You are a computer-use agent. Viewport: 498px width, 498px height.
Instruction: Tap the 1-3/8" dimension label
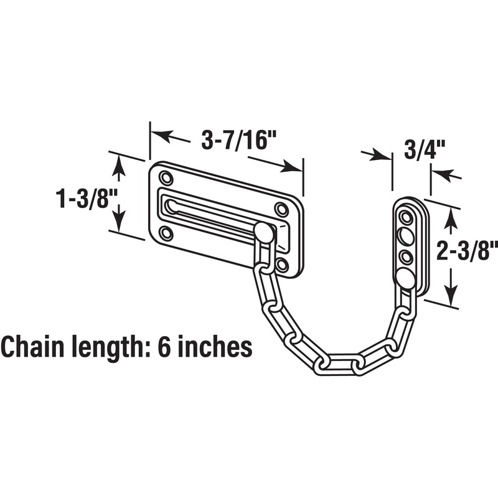click(85, 199)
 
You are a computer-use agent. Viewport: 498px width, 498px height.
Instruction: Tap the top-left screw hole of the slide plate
click(166, 178)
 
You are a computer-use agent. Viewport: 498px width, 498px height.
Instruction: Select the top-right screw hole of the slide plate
click(282, 209)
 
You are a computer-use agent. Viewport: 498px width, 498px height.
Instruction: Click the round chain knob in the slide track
click(263, 232)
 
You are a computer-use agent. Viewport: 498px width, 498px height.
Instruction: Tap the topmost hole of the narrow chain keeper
click(406, 217)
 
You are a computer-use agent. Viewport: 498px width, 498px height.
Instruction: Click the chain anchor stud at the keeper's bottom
click(406, 277)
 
